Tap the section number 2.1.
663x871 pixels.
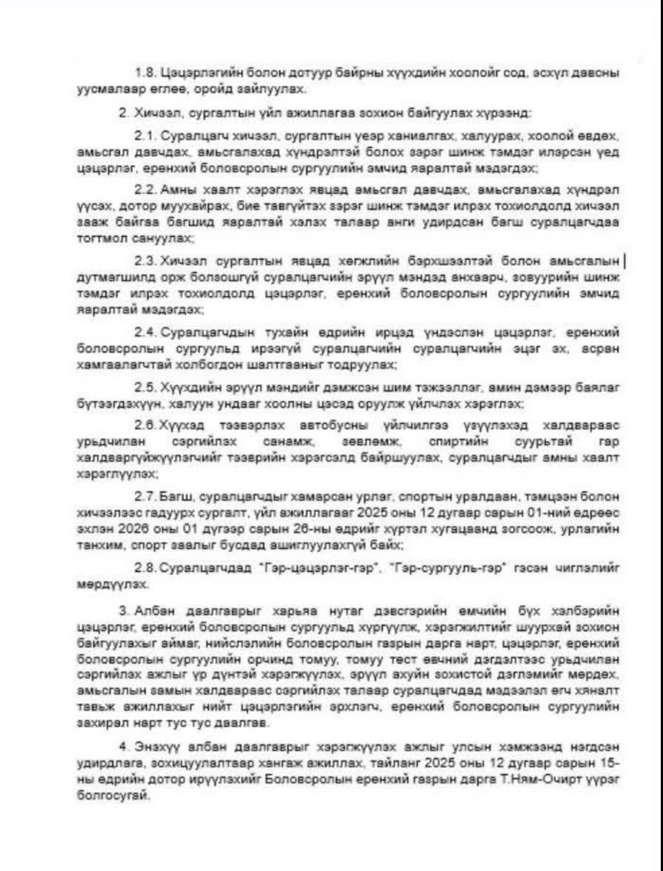[142, 138]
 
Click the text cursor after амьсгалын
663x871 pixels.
[624, 261]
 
